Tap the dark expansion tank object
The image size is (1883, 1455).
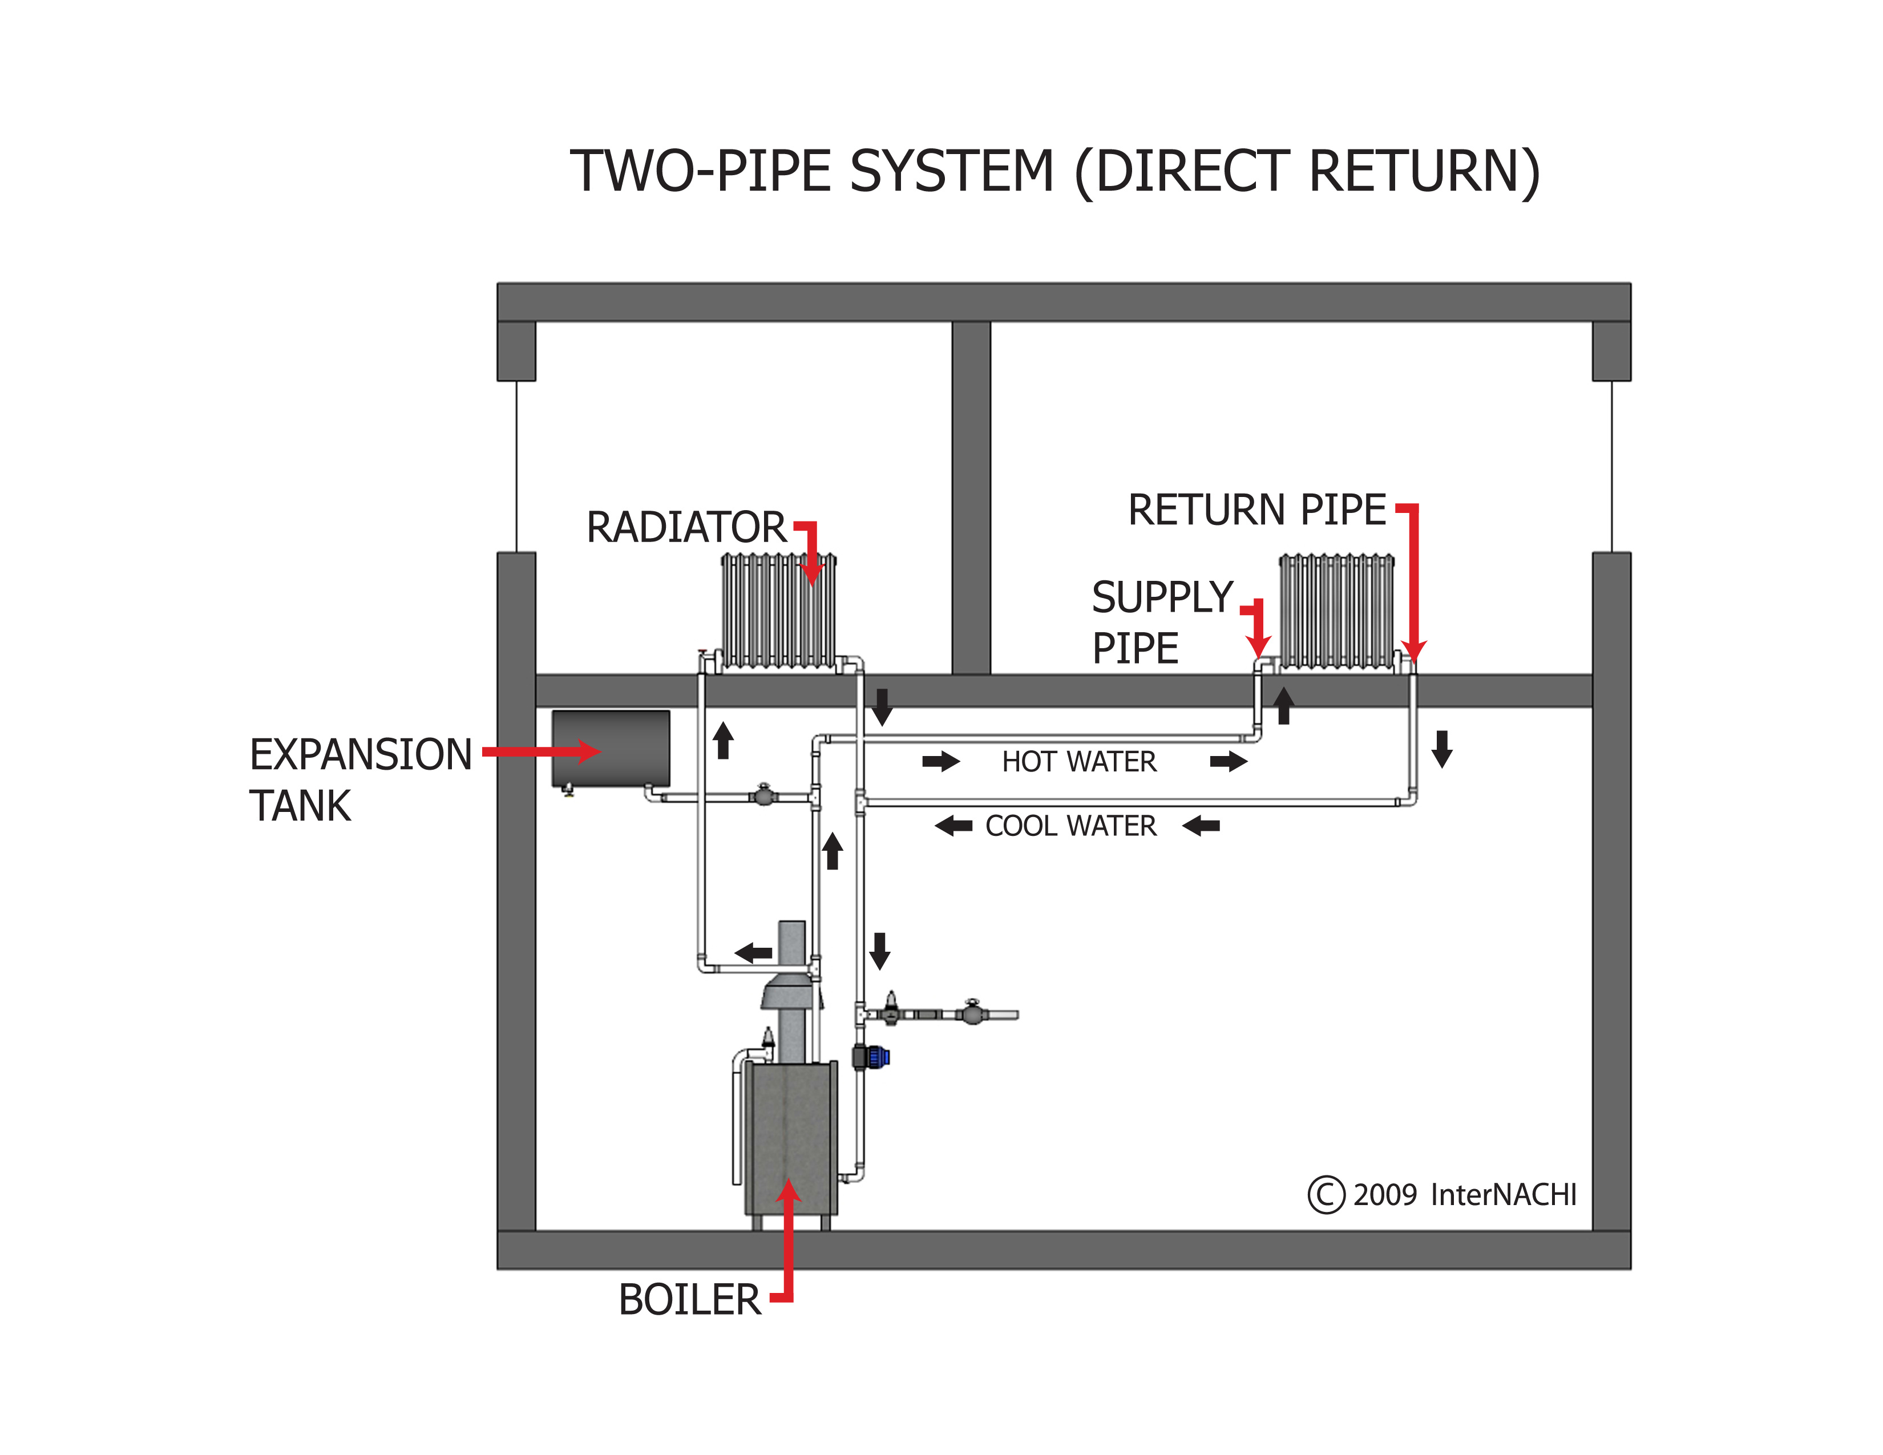click(611, 747)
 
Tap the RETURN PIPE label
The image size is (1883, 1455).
click(1256, 510)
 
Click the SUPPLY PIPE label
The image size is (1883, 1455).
click(1161, 623)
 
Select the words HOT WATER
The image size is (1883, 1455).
click(1078, 762)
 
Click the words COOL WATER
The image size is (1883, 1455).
click(1070, 826)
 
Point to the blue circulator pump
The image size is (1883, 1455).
click(877, 1056)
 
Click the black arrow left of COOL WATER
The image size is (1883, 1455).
click(953, 826)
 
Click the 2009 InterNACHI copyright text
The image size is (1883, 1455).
click(1464, 1195)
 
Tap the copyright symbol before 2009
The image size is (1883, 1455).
click(1326, 1195)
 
